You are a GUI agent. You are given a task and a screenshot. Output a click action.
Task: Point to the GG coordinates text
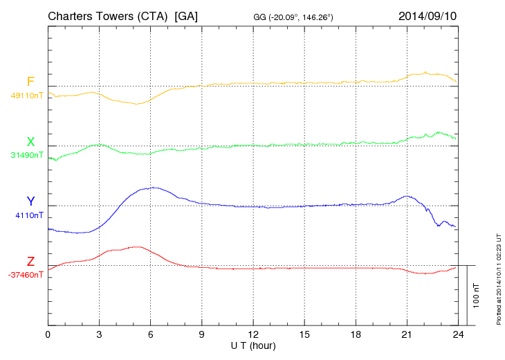294,17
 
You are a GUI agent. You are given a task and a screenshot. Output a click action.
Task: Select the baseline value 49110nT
27,96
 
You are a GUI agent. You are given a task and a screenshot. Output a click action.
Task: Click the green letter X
30,142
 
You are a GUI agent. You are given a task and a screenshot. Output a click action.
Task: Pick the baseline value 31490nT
27,155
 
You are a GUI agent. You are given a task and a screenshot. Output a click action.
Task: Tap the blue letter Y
30,201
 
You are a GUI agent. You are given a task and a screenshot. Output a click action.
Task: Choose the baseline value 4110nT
29,215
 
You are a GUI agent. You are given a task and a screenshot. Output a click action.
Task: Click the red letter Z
30,262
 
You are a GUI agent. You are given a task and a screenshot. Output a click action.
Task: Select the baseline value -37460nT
26,275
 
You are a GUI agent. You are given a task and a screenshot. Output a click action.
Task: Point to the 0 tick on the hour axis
48,334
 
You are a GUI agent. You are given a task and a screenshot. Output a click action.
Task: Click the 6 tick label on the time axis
151,334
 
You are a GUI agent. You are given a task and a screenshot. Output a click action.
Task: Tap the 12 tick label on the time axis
253,334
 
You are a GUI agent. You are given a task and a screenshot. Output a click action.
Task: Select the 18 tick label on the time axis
356,334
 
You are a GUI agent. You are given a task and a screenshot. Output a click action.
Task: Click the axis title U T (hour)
253,345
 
